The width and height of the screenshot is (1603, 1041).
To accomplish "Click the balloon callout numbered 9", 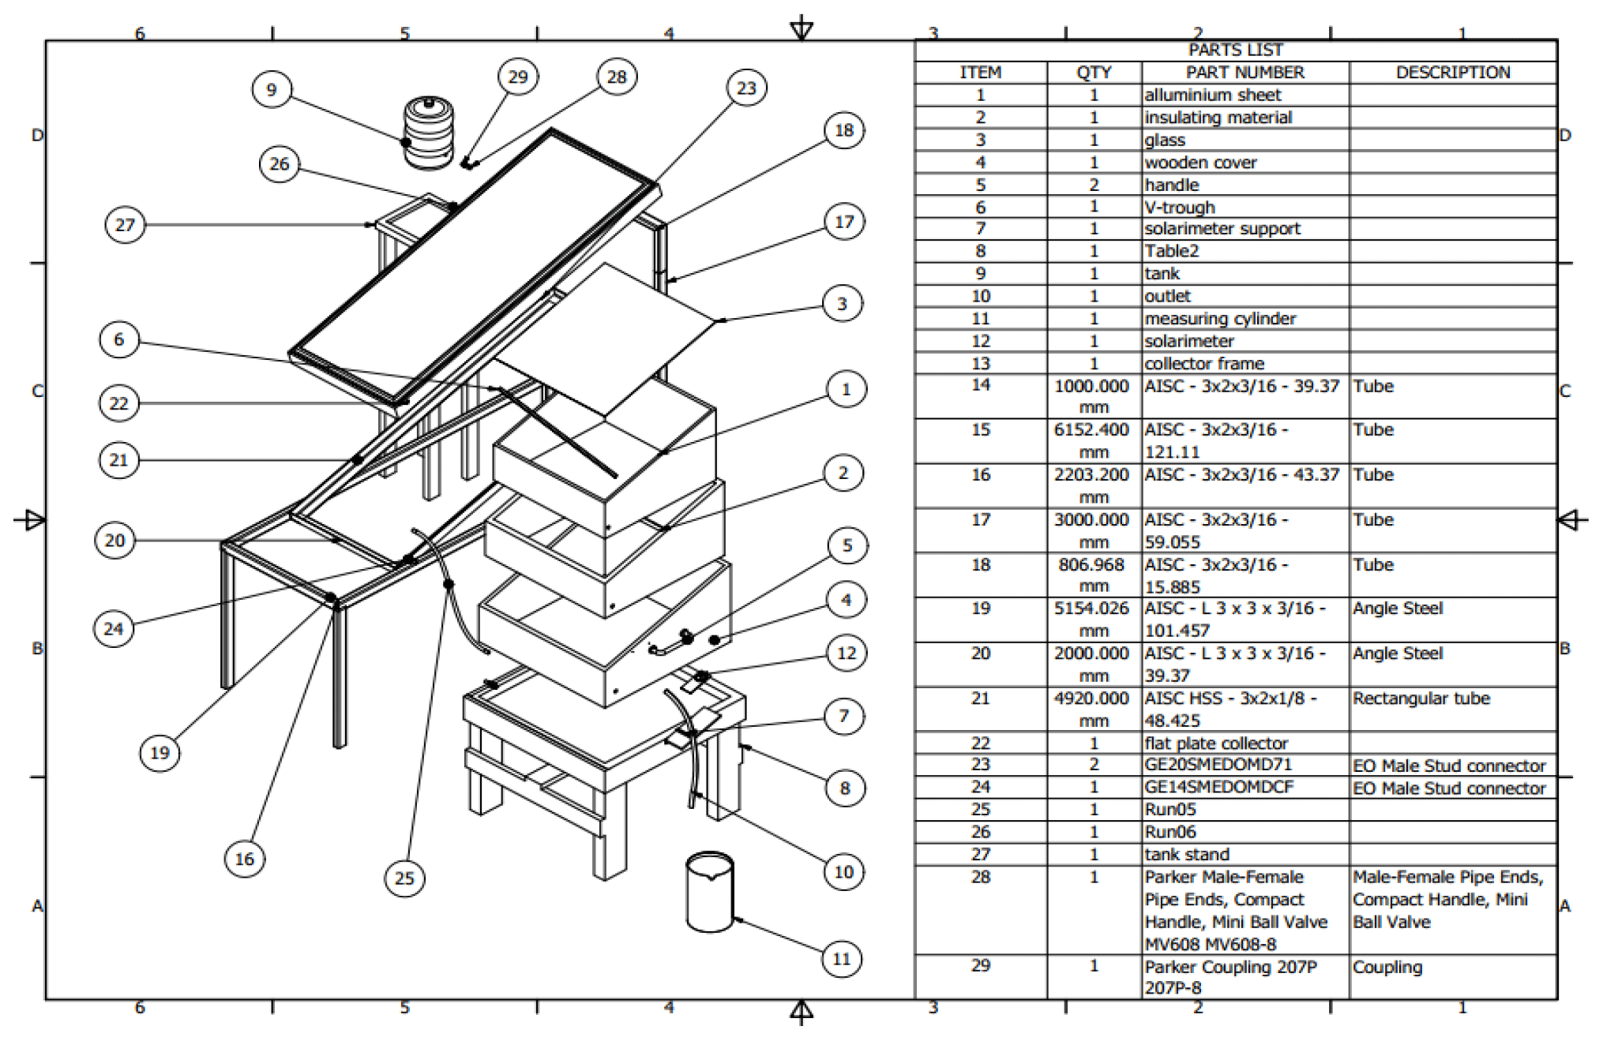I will tap(272, 89).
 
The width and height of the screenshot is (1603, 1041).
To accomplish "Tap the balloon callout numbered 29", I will tap(517, 77).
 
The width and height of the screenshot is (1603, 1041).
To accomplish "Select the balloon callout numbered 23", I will tap(746, 88).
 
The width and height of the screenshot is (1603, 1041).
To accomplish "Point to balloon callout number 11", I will tap(842, 959).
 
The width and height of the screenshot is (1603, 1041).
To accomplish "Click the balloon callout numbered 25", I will tap(404, 878).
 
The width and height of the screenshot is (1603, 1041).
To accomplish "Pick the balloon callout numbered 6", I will tap(119, 339).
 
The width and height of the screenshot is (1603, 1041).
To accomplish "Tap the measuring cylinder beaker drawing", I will tap(709, 892).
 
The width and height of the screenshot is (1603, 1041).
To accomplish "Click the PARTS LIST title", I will tap(1235, 50).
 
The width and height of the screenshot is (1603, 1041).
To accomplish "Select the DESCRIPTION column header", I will tap(1452, 73).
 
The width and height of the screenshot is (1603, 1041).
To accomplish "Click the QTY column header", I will tap(1094, 73).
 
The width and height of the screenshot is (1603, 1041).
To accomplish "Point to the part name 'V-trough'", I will tap(1180, 208).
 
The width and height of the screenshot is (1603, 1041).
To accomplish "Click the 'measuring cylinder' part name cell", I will tap(1220, 319).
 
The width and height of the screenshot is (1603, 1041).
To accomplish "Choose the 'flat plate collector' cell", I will tap(1216, 743).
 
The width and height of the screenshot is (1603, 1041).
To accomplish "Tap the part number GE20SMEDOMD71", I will tap(1218, 765).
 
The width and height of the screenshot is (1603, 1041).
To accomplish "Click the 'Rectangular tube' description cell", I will tap(1421, 698).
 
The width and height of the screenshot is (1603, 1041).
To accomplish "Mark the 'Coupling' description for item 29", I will tap(1387, 967).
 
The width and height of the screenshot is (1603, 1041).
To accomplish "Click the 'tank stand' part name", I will tap(1187, 854).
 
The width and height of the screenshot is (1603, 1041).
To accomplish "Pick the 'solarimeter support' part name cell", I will tap(1222, 229).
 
